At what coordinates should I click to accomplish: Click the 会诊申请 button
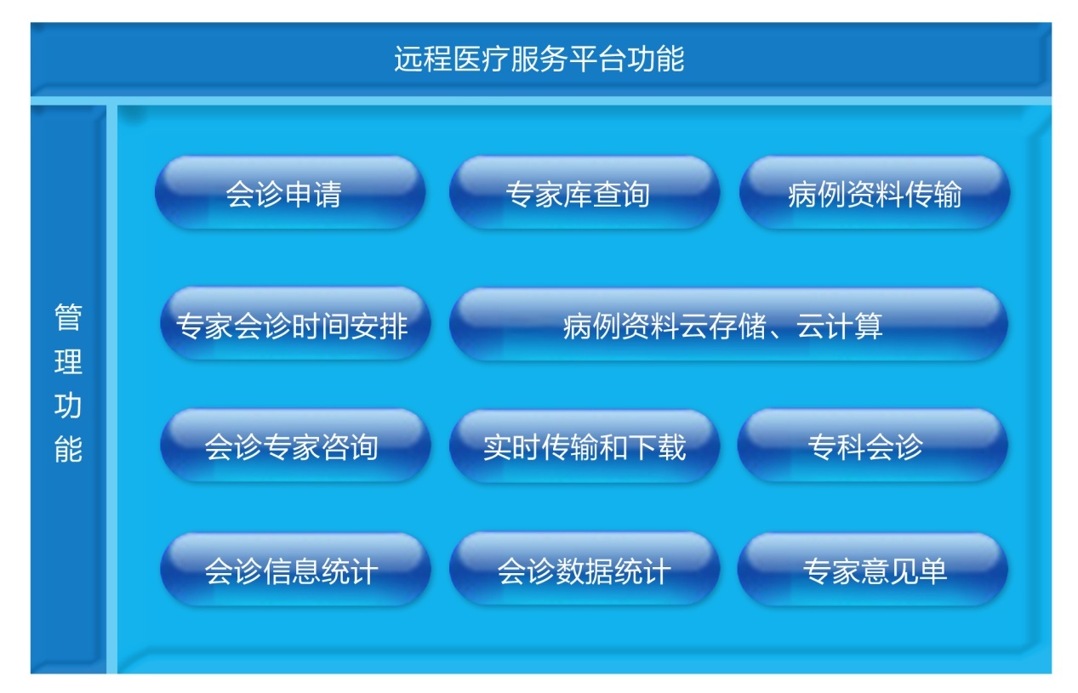pyautogui.click(x=290, y=192)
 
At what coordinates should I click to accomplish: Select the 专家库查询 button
pyautogui.click(x=585, y=192)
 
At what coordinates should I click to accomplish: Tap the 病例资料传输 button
pyautogui.click(x=875, y=192)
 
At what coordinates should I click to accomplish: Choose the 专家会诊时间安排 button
pyautogui.click(x=295, y=324)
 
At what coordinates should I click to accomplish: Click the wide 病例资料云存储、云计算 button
pyautogui.click(x=728, y=324)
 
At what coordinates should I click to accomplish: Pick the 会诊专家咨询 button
pyautogui.click(x=295, y=446)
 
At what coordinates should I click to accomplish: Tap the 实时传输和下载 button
pyautogui.click(x=585, y=446)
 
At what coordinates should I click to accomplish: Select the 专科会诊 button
pyautogui.click(x=872, y=446)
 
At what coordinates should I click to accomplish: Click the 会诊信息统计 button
pyautogui.click(x=295, y=570)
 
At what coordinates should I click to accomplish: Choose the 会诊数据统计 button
pyautogui.click(x=585, y=569)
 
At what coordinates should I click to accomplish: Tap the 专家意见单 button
pyautogui.click(x=872, y=570)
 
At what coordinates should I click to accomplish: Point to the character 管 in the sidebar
pyautogui.click(x=68, y=317)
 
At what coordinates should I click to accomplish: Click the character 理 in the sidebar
pyautogui.click(x=68, y=361)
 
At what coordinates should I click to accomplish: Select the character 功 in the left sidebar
pyautogui.click(x=68, y=406)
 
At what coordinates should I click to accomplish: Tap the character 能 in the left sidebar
pyautogui.click(x=68, y=449)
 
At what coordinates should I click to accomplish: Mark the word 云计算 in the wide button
pyautogui.click(x=840, y=326)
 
